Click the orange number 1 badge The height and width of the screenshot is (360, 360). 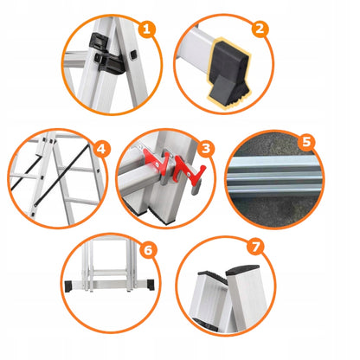[x=146, y=29]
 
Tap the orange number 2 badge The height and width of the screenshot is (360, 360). [x=260, y=29]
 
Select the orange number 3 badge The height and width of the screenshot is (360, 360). [x=206, y=149]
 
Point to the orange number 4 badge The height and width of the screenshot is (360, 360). [x=101, y=149]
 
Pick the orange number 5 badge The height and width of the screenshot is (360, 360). [x=306, y=142]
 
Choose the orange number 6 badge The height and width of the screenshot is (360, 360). [x=148, y=250]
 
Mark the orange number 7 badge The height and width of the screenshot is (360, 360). [x=256, y=247]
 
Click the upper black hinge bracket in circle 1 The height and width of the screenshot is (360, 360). [x=99, y=42]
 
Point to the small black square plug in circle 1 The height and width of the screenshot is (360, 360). [x=132, y=55]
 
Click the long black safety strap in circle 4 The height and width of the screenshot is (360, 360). [x=61, y=175]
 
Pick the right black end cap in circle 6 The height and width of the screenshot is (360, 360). [x=151, y=284]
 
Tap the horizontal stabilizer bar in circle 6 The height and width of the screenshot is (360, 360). [x=110, y=285]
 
